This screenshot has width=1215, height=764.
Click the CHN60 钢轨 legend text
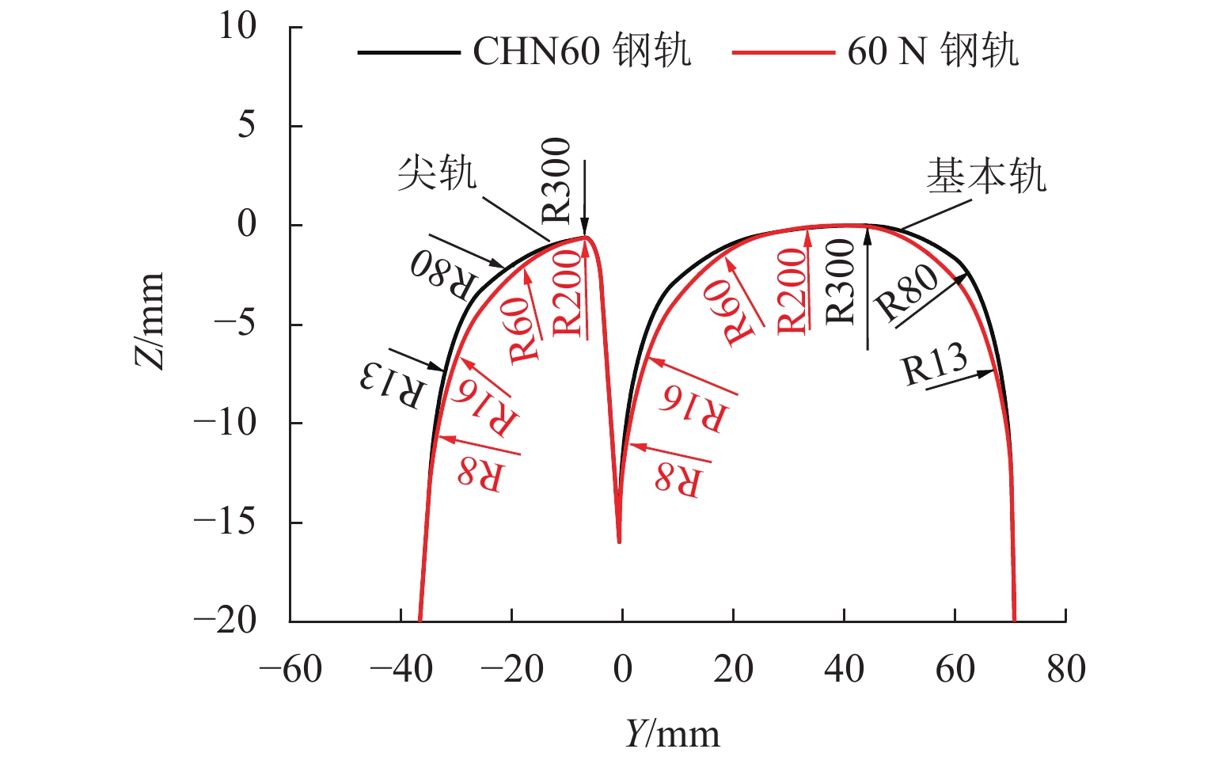[x=582, y=51]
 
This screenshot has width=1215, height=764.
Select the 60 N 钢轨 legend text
[x=932, y=51]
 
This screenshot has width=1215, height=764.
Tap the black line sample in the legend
[x=408, y=52]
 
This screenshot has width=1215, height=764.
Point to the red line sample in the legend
[x=783, y=52]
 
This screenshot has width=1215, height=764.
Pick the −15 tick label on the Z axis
[x=225, y=522]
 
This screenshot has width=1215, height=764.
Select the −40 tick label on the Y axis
[x=401, y=670]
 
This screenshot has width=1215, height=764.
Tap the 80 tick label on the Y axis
[x=1065, y=670]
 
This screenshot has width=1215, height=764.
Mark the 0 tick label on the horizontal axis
[x=622, y=670]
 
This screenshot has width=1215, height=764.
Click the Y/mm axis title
[x=672, y=734]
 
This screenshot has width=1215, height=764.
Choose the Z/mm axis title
[x=149, y=321]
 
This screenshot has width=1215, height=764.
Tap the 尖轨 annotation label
[x=437, y=173]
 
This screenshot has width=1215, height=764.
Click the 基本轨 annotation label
[x=985, y=176]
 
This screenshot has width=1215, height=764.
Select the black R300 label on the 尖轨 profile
[x=556, y=181]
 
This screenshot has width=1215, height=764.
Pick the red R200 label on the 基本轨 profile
[x=791, y=291]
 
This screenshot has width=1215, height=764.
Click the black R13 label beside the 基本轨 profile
[x=935, y=365]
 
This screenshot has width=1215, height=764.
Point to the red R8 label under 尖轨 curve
[x=480, y=473]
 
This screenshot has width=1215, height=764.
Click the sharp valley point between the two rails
[x=619, y=542]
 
